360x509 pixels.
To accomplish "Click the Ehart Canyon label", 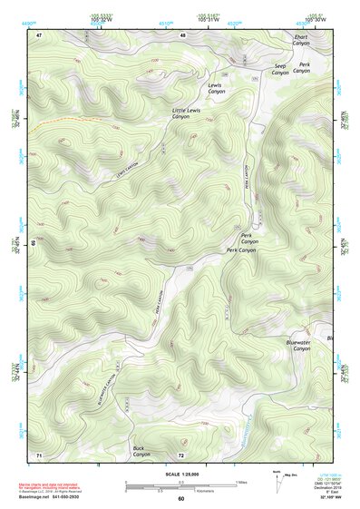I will point(301,42).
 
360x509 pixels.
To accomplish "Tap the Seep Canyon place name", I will point(279,70).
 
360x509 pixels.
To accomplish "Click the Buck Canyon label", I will point(140,451).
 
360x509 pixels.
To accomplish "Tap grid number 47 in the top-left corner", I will point(39,35).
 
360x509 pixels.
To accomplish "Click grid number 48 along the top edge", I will point(182,35).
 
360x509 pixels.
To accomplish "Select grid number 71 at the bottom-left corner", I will point(39,454).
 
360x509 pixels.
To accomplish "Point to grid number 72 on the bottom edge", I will point(181,454).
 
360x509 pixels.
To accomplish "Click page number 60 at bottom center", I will point(180,499).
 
